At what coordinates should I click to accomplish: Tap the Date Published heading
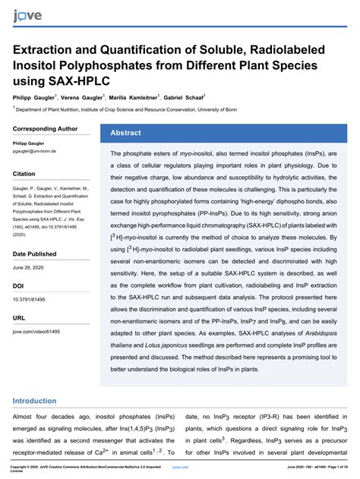34,253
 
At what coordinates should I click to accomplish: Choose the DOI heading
19,285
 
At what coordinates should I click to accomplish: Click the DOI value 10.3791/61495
33,300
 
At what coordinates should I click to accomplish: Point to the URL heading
19,318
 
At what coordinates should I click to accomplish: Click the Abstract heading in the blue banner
125,133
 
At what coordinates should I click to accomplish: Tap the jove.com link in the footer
180,466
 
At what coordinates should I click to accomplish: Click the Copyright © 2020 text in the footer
30,466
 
